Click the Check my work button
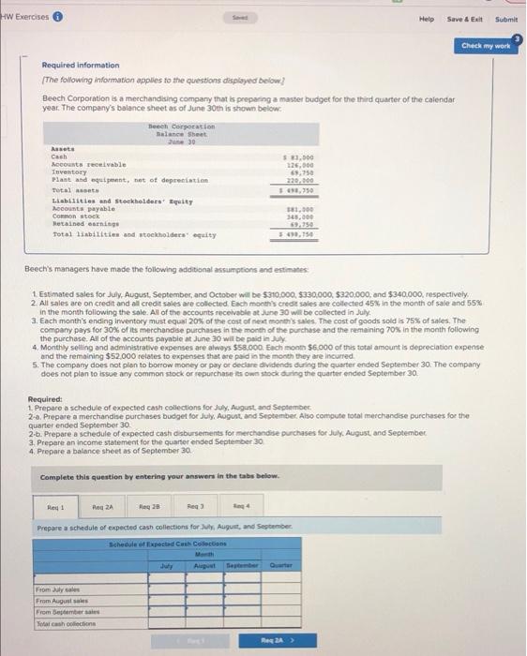[485, 44]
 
